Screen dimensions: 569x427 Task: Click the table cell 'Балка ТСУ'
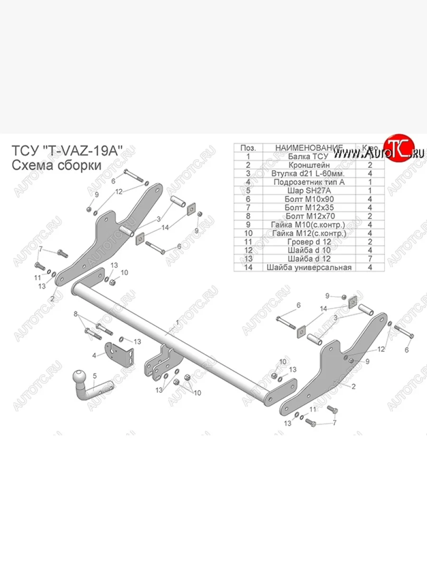pyautogui.click(x=308, y=156)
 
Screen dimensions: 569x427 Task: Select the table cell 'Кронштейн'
pyautogui.click(x=308, y=165)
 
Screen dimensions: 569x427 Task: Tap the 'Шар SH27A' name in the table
pyautogui.click(x=308, y=191)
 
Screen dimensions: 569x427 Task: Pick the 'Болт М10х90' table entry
pyautogui.click(x=308, y=199)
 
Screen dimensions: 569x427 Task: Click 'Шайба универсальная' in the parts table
pyautogui.click(x=309, y=267)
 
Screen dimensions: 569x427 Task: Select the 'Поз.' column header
pyautogui.click(x=248, y=148)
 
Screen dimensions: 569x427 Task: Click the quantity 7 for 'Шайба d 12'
pyautogui.click(x=370, y=259)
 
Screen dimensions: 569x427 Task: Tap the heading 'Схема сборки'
pyautogui.click(x=56, y=165)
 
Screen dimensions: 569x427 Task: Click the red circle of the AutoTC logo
pyautogui.click(x=399, y=147)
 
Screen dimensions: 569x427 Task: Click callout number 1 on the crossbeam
pyautogui.click(x=177, y=322)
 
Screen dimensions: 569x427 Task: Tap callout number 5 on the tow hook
pyautogui.click(x=94, y=376)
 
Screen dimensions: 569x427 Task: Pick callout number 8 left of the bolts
pyautogui.click(x=75, y=314)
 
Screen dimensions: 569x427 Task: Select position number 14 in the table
pyautogui.click(x=248, y=267)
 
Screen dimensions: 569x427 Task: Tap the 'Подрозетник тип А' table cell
pyautogui.click(x=308, y=182)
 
